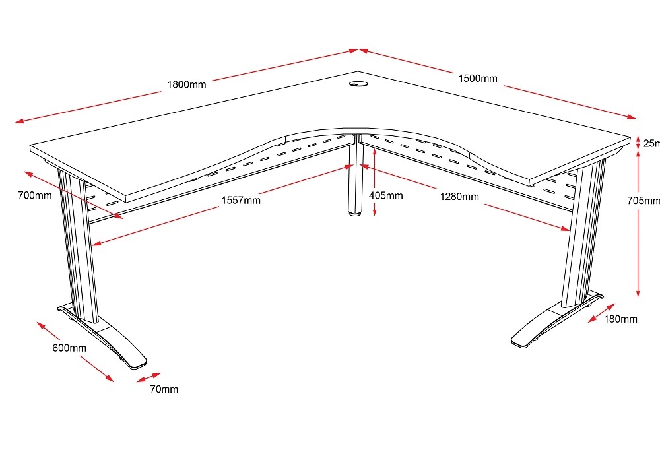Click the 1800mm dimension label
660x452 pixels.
pos(186,84)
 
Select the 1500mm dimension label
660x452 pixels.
pos(478,79)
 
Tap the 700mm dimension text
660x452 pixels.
pos(35,195)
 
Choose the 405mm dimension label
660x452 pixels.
pos(385,195)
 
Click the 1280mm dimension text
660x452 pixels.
pos(461,196)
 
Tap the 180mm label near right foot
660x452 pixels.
pos(620,319)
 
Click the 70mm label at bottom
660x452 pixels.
pos(163,389)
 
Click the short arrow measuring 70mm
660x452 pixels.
pos(148,377)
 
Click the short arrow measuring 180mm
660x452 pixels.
pos(601,313)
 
